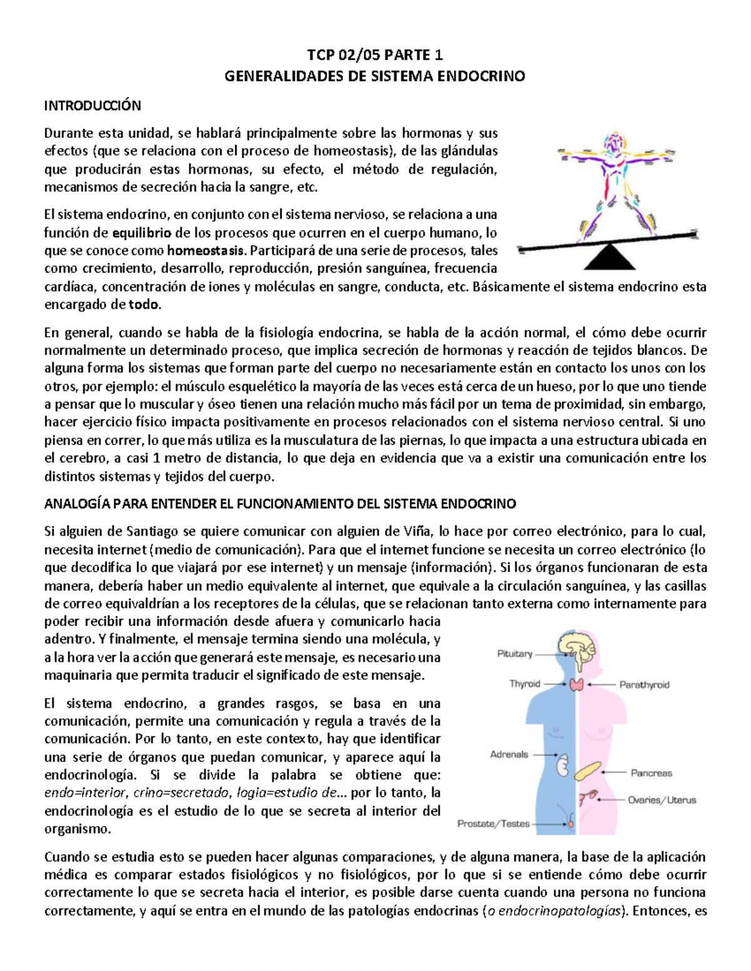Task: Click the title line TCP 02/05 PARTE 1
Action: tap(375, 55)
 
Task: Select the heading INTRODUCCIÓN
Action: tap(93, 105)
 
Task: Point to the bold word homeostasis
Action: tap(206, 251)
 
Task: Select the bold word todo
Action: tap(144, 305)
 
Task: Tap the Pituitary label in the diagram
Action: tap(514, 654)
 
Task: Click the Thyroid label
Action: tap(524, 684)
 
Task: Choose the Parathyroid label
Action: tap(644, 685)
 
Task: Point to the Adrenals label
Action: tap(509, 755)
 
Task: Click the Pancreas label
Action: tap(651, 773)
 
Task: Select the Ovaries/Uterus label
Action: tap(662, 800)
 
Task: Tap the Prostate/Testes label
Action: tap(493, 824)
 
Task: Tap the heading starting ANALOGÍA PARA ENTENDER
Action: tap(280, 504)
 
